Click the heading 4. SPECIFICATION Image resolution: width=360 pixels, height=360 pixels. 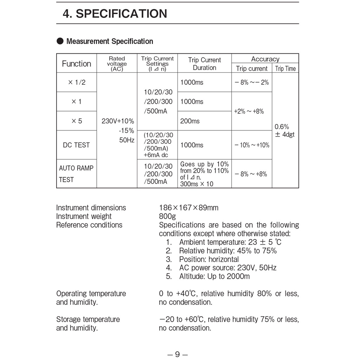(x=115, y=14)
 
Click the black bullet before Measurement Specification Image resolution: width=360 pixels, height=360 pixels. (x=60, y=41)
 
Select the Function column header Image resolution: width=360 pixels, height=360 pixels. (x=76, y=64)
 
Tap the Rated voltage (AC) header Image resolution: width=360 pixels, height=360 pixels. (x=117, y=64)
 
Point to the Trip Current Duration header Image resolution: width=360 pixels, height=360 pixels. (x=204, y=64)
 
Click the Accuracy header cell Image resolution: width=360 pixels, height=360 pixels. (x=265, y=59)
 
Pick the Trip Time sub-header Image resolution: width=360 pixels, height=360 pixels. (x=285, y=69)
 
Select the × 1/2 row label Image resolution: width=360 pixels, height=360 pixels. (x=76, y=83)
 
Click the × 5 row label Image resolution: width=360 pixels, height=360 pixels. (x=76, y=121)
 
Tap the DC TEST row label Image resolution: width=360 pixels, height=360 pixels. (x=76, y=145)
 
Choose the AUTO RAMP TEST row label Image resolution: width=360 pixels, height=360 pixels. (x=76, y=174)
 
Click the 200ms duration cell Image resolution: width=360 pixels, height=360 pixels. (x=190, y=121)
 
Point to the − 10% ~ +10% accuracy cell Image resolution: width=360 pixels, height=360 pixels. (x=252, y=145)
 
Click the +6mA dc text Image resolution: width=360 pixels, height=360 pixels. (x=156, y=155)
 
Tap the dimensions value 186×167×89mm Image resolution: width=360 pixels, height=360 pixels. (x=188, y=208)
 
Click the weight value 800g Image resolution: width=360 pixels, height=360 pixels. (x=167, y=216)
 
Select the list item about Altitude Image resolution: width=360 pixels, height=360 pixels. (x=214, y=276)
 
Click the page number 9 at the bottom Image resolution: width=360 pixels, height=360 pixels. (x=177, y=354)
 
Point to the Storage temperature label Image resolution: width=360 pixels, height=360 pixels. (x=88, y=320)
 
